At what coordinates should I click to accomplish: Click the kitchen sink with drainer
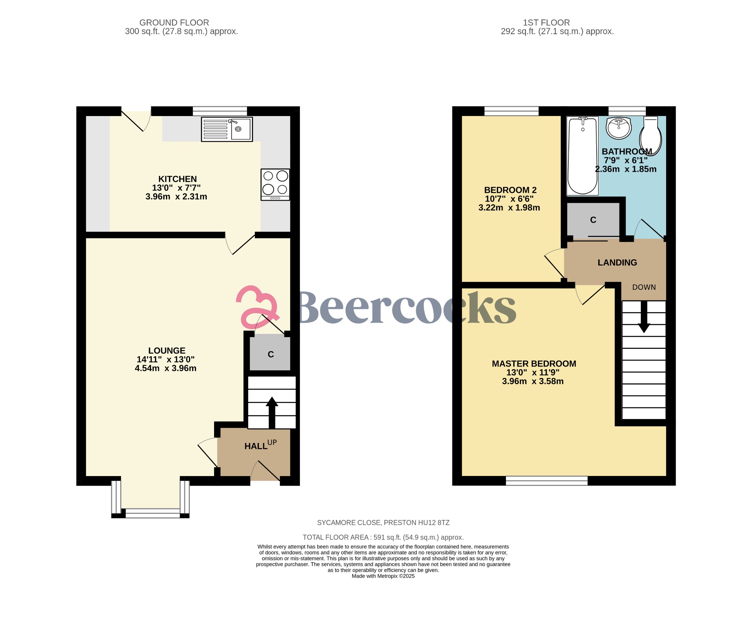pyautogui.click(x=227, y=129)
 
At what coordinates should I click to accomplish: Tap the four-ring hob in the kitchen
pyautogui.click(x=275, y=184)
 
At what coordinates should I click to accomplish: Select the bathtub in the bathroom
pyautogui.click(x=582, y=156)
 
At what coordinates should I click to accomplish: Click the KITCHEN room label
pyautogui.click(x=177, y=179)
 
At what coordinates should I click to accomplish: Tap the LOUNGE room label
pyautogui.click(x=167, y=350)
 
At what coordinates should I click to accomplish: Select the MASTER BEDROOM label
pyautogui.click(x=534, y=364)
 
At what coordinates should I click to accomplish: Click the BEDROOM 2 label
pyautogui.click(x=510, y=190)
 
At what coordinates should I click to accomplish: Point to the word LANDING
pyautogui.click(x=617, y=263)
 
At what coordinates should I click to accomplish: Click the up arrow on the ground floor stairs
pyautogui.click(x=272, y=412)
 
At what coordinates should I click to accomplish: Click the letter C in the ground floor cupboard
pyautogui.click(x=271, y=354)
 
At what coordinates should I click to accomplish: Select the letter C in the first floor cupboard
pyautogui.click(x=593, y=220)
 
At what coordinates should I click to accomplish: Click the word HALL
pyautogui.click(x=256, y=446)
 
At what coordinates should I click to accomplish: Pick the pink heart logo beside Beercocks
pyautogui.click(x=256, y=307)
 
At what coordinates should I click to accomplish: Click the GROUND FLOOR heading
pyautogui.click(x=174, y=23)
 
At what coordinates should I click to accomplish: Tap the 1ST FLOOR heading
pyautogui.click(x=546, y=23)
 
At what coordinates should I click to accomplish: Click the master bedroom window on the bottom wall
pyautogui.click(x=546, y=480)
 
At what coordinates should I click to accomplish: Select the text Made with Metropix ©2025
pyautogui.click(x=383, y=576)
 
